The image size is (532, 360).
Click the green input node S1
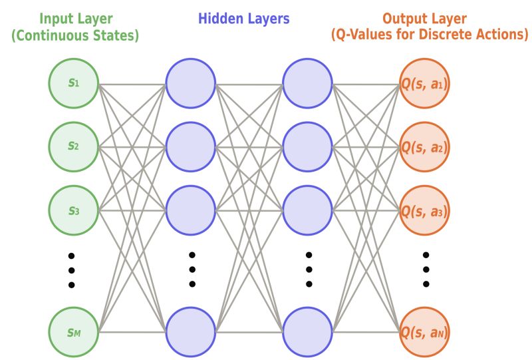click(x=74, y=84)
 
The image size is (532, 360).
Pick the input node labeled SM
click(x=74, y=331)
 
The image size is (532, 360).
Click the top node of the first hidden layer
click(x=191, y=84)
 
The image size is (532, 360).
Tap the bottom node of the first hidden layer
click(x=191, y=331)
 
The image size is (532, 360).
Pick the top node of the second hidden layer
click(x=308, y=84)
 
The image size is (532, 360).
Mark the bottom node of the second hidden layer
click(x=308, y=331)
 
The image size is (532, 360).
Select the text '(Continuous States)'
click(x=74, y=35)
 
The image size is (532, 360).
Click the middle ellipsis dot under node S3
click(x=72, y=271)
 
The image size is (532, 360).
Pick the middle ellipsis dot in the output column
click(x=426, y=270)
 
